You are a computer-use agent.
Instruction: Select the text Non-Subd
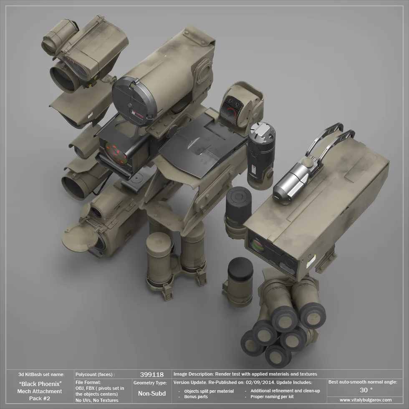click(x=151, y=393)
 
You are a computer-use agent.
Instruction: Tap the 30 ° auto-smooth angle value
click(x=366, y=390)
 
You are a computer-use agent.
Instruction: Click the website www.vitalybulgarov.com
click(x=366, y=400)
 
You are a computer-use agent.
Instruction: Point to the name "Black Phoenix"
click(x=41, y=384)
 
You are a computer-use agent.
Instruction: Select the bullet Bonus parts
click(x=196, y=396)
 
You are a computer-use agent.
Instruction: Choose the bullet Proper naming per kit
click(x=272, y=396)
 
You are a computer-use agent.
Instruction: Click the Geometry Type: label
click(x=150, y=383)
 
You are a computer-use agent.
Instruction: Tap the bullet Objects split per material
click(x=209, y=391)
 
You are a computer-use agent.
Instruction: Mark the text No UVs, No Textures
click(x=96, y=400)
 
